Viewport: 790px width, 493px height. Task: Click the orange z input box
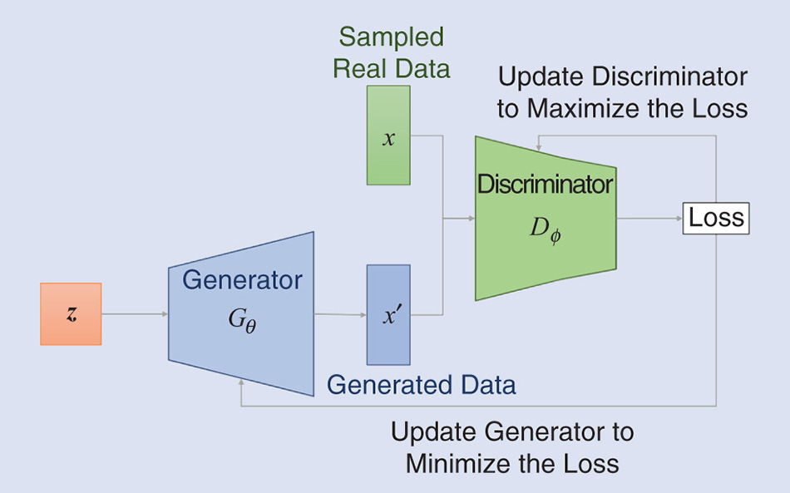[71, 313]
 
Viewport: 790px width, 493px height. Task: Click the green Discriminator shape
[545, 258]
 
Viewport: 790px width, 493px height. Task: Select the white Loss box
[716, 219]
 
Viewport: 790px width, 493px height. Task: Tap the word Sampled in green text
[391, 37]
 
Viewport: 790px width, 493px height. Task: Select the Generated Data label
[421, 385]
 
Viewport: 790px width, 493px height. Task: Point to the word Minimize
[457, 463]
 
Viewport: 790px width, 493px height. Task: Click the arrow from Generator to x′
[340, 315]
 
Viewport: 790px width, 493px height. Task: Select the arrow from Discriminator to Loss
[649, 219]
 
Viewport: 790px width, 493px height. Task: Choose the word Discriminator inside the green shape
[545, 185]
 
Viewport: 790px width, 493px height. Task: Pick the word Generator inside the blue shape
[242, 279]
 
